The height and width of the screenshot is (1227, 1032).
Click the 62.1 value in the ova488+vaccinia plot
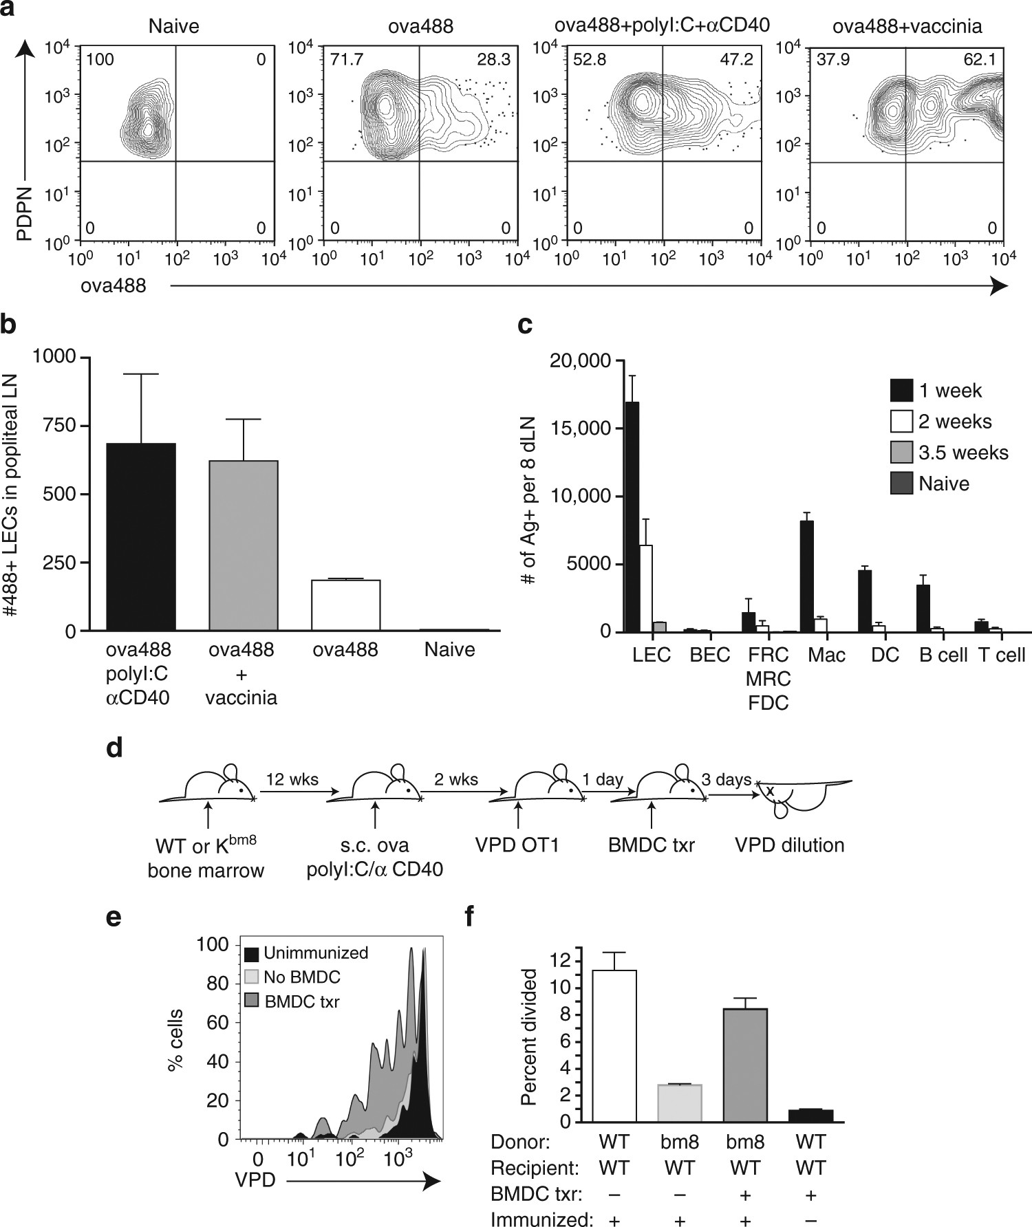[x=979, y=60]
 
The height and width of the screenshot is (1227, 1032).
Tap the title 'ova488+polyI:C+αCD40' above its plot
[x=663, y=25]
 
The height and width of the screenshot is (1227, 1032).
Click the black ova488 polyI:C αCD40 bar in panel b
[x=141, y=536]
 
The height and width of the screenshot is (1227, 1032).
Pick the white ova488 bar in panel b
[x=346, y=605]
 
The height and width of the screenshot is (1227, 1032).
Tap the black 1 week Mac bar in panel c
[x=807, y=576]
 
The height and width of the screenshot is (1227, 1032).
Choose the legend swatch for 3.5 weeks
[x=901, y=453]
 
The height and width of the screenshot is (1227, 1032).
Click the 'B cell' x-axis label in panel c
[x=943, y=655]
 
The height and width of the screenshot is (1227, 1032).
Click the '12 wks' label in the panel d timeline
[x=292, y=779]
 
